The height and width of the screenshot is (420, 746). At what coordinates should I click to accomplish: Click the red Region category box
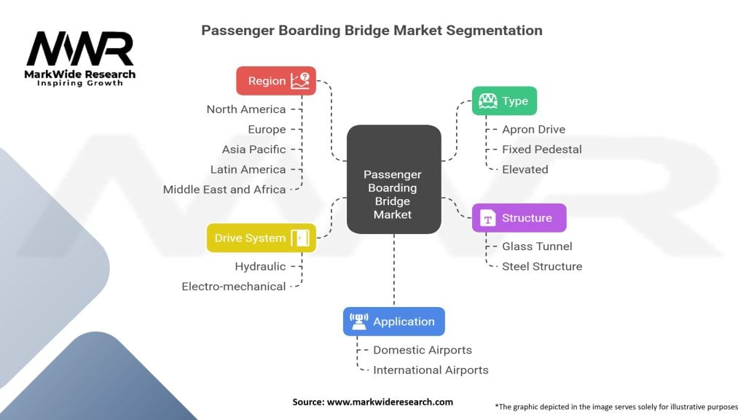[276, 81]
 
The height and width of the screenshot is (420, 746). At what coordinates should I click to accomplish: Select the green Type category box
[504, 101]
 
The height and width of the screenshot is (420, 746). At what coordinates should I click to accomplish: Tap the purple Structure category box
[519, 218]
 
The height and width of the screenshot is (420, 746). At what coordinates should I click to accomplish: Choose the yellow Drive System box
[261, 238]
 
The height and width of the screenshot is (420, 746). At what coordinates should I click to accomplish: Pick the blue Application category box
[393, 322]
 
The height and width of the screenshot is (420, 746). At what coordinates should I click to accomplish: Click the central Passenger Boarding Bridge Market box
[393, 194]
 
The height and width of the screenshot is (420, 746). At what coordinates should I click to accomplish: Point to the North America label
[246, 109]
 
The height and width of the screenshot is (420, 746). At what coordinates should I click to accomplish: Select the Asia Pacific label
[254, 149]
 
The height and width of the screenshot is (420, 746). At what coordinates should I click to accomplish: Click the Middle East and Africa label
[224, 190]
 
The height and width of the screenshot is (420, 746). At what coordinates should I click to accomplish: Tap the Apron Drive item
[533, 130]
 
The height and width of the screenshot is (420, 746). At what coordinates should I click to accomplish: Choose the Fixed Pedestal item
[541, 149]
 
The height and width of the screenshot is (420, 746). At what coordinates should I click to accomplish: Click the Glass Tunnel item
[537, 246]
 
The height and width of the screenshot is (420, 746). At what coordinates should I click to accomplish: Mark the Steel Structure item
[541, 266]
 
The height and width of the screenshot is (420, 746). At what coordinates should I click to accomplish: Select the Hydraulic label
[260, 266]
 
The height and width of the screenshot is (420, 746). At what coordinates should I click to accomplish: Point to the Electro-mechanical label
[233, 287]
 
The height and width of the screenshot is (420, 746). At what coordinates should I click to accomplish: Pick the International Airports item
[431, 370]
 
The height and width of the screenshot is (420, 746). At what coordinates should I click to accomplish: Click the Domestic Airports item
[423, 350]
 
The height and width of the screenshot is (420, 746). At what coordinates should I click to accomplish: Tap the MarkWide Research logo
[80, 58]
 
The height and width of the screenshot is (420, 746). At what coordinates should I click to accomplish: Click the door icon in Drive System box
[300, 238]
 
